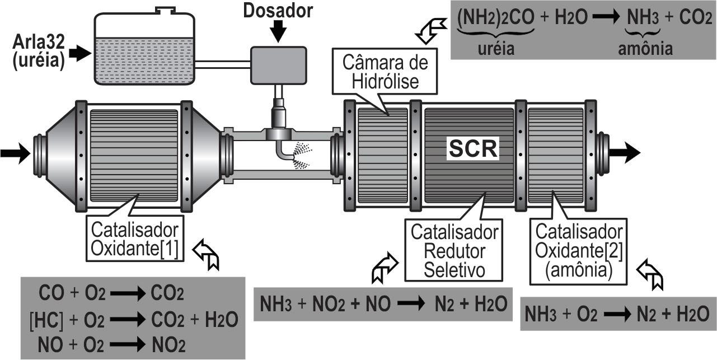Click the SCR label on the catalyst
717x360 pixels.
(474, 149)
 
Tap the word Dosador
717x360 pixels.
(278, 10)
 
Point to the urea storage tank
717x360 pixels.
(144, 50)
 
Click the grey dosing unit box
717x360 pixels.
(278, 64)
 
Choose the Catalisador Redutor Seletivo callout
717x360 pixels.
(454, 250)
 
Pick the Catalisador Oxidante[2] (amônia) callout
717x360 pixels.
(579, 249)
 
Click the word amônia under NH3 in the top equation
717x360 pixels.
(645, 49)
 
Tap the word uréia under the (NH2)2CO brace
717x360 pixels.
(496, 49)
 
